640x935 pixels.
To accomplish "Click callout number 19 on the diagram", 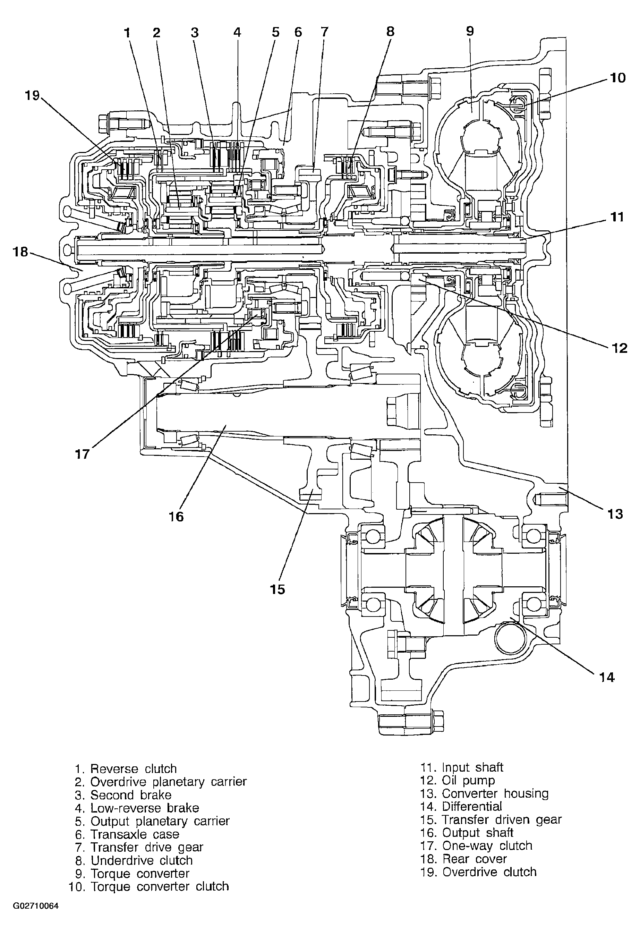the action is click(33, 95).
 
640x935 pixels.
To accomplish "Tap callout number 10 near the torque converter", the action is click(618, 78).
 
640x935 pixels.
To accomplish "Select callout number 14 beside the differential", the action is click(607, 678).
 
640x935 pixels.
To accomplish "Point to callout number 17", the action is click(82, 454).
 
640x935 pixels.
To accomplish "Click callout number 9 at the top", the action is click(470, 31).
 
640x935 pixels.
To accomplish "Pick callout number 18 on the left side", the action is click(21, 252).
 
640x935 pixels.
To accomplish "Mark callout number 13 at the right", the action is click(615, 514).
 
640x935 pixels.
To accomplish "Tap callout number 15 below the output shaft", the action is click(278, 589).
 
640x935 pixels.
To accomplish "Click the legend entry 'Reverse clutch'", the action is click(126, 769).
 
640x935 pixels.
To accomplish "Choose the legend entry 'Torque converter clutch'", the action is click(149, 887).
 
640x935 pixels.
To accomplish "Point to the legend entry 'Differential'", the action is click(461, 807).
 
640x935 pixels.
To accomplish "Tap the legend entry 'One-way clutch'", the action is click(477, 846).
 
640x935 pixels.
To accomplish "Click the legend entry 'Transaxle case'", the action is click(127, 834).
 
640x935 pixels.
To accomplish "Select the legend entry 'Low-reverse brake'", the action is click(137, 808).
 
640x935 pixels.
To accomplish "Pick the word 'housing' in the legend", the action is click(526, 794).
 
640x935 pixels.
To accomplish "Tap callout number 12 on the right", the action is click(620, 348).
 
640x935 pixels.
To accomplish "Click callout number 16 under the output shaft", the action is click(176, 516).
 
